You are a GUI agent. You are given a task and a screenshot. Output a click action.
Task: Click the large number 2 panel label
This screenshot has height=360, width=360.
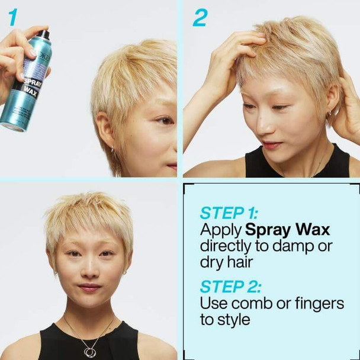point(200,18)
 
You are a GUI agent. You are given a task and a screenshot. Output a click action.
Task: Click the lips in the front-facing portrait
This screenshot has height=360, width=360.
point(89,287)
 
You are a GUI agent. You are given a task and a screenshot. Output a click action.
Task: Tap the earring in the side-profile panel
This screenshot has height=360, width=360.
point(112,149)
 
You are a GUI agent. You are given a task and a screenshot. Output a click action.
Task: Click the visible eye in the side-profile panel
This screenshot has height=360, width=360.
point(162,120)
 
